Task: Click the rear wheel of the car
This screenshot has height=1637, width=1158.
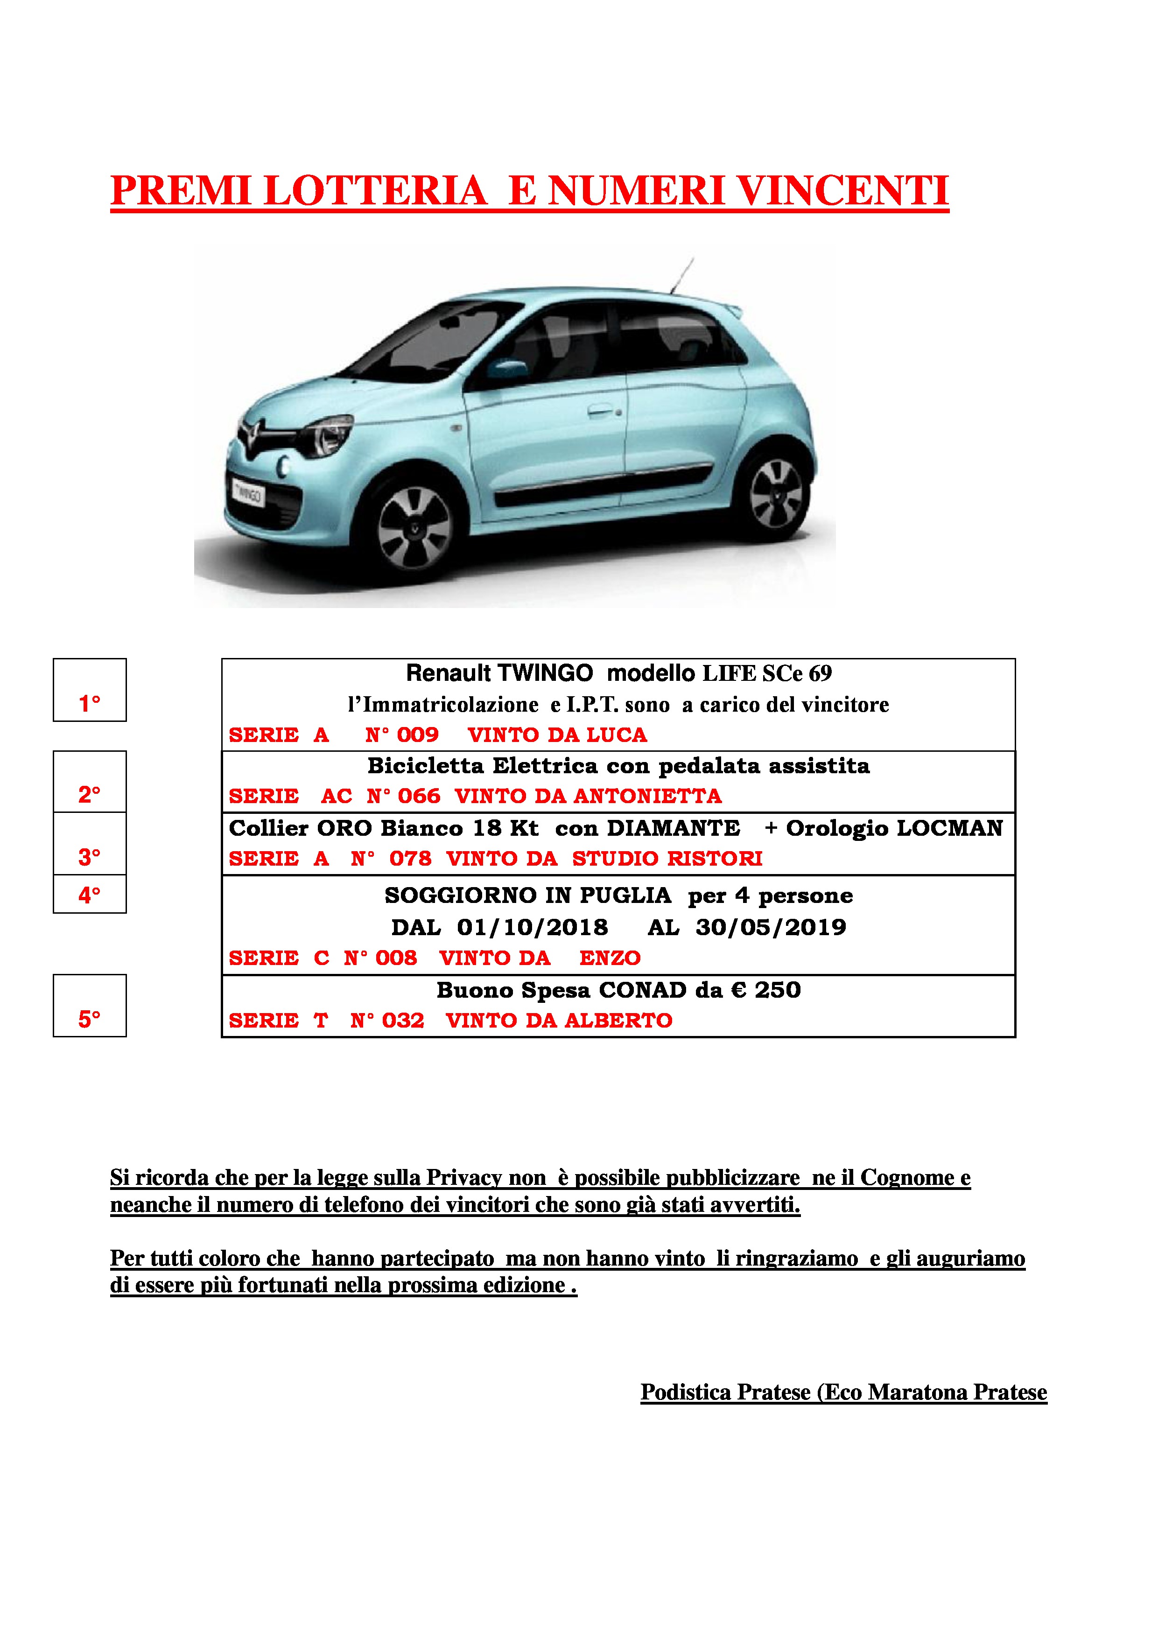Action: pos(776,492)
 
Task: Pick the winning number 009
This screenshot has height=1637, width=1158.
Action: pos(418,735)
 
